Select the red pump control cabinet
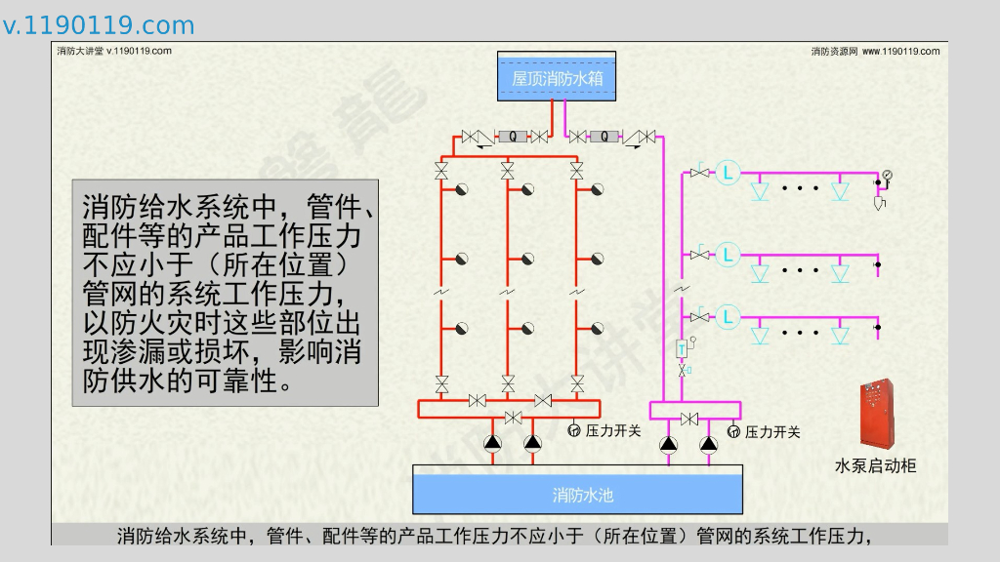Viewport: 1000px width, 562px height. click(x=877, y=414)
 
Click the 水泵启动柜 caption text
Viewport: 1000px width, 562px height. click(x=876, y=466)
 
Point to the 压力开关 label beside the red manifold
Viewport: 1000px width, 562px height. click(x=613, y=430)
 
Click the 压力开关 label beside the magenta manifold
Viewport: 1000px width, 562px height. click(x=772, y=431)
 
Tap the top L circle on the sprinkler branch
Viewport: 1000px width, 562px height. click(x=728, y=174)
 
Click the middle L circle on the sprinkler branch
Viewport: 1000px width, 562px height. click(x=728, y=255)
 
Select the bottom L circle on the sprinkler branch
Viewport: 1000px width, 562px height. click(x=728, y=316)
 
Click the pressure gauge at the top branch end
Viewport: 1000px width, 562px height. click(x=887, y=176)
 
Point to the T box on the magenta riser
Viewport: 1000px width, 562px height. click(x=681, y=347)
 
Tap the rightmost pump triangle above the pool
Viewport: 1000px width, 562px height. click(x=710, y=444)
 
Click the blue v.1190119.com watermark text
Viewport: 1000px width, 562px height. click(x=99, y=25)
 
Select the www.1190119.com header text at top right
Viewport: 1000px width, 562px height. click(x=900, y=51)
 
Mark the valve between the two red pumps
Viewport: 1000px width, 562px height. click(x=512, y=419)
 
